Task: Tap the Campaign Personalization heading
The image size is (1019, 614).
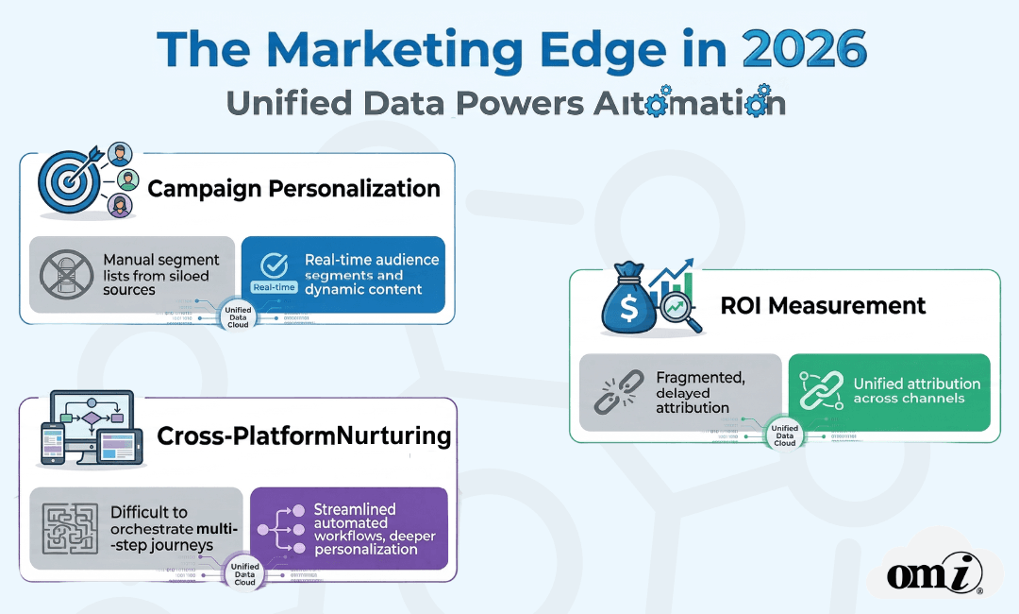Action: pos(293,188)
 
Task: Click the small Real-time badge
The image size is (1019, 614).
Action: pos(274,287)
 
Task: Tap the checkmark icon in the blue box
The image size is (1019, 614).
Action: pos(274,264)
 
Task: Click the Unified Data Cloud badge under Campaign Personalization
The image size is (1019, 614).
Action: pos(238,316)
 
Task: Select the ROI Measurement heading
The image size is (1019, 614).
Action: pos(823,305)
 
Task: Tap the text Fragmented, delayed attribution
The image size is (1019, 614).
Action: pos(700,392)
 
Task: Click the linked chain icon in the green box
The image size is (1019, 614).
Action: pos(818,391)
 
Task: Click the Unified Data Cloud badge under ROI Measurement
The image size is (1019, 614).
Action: pos(784,435)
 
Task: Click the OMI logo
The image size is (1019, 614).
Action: pos(934,572)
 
